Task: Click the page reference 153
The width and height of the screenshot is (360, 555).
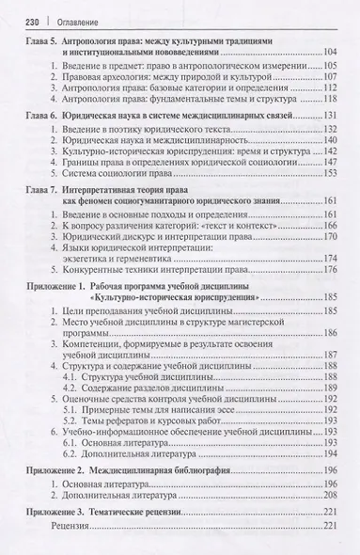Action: point(329,198)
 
